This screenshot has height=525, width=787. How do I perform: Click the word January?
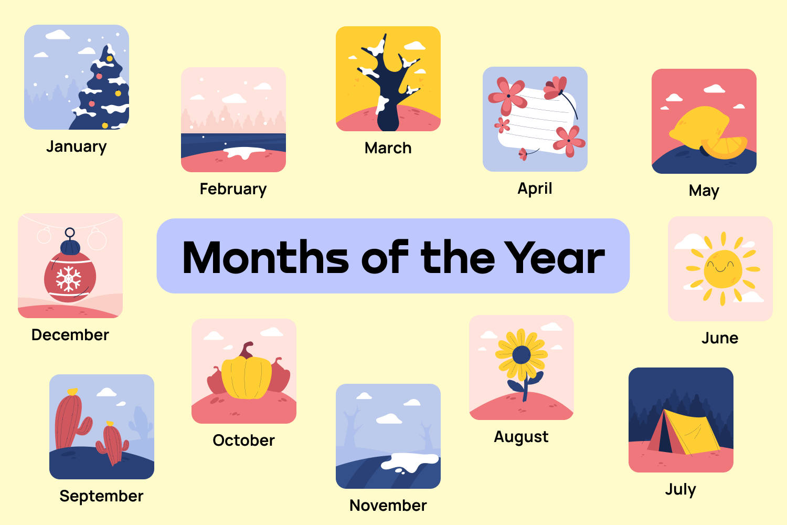tap(76, 146)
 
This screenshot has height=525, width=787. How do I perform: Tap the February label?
tap(233, 189)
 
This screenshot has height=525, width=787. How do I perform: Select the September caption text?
tap(101, 496)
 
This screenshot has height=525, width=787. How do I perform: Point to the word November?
tap(388, 506)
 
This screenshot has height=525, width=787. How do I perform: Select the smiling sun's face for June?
tap(722, 268)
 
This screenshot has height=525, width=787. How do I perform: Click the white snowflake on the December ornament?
tap(69, 278)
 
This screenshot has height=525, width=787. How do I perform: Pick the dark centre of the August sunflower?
tap(522, 355)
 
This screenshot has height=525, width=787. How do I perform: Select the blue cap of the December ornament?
tap(70, 247)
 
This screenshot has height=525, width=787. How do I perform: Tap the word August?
tap(521, 437)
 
